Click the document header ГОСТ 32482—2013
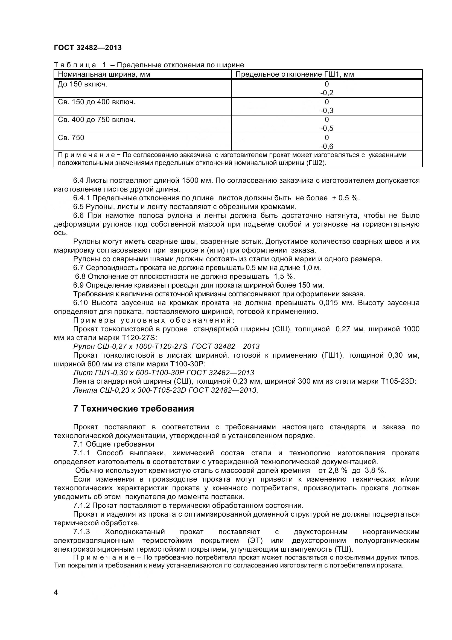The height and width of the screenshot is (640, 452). point(88,48)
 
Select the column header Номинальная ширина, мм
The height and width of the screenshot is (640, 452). point(104,74)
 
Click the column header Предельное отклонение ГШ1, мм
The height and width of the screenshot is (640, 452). point(295,74)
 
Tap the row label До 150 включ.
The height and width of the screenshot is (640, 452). point(82,84)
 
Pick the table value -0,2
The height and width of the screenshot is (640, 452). point(327,93)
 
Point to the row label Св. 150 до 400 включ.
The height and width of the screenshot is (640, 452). point(96,102)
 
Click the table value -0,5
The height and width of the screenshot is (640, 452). point(327,129)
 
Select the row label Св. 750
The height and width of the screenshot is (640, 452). point(71,138)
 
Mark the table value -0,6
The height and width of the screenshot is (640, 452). point(327,146)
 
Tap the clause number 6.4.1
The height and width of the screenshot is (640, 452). point(81,198)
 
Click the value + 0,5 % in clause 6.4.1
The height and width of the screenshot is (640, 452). point(345,198)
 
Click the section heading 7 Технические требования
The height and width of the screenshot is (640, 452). point(133,409)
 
